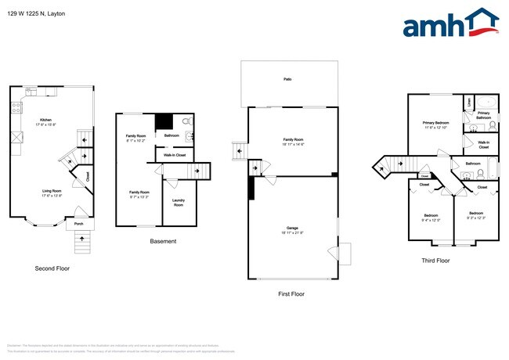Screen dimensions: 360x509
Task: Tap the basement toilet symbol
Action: [185, 123]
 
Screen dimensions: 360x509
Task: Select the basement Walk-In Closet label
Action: [175, 155]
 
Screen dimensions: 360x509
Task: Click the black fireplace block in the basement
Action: [164, 123]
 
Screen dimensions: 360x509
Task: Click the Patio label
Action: [288, 80]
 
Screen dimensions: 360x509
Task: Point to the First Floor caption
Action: [291, 294]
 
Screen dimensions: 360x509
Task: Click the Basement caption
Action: [163, 241]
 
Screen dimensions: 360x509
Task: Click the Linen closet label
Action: [468, 103]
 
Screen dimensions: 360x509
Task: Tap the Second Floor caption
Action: [53, 268]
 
